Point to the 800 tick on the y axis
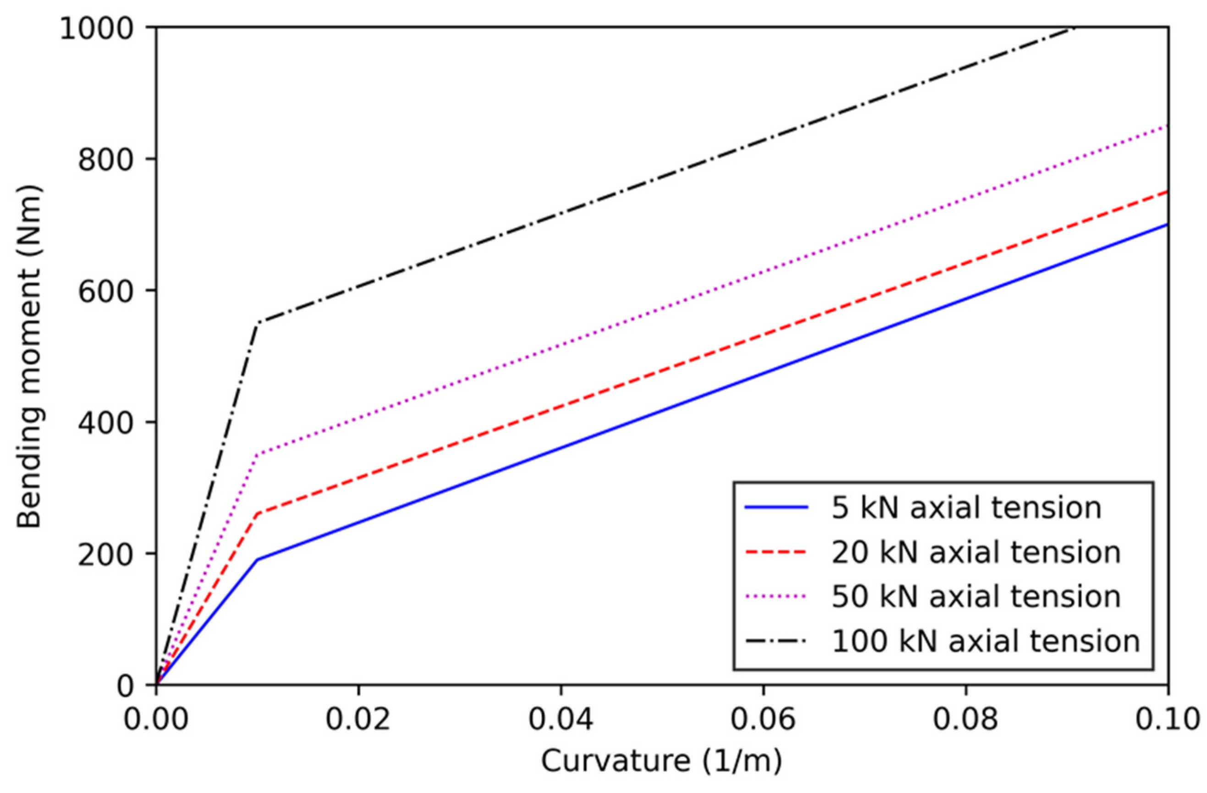pyautogui.click(x=111, y=160)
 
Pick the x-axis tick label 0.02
pyautogui.click(x=358, y=720)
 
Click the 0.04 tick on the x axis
pyautogui.click(x=560, y=720)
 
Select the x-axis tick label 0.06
pyautogui.click(x=763, y=720)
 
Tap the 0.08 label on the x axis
pyautogui.click(x=965, y=720)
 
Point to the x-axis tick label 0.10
pyautogui.click(x=1166, y=720)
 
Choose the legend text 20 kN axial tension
pyautogui.click(x=976, y=552)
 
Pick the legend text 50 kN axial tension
pyautogui.click(x=976, y=597)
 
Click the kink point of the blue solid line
pyautogui.click(x=258, y=560)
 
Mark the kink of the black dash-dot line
pyautogui.click(x=258, y=323)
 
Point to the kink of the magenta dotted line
pyautogui.click(x=258, y=455)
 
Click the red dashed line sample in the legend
pyautogui.click(x=776, y=552)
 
